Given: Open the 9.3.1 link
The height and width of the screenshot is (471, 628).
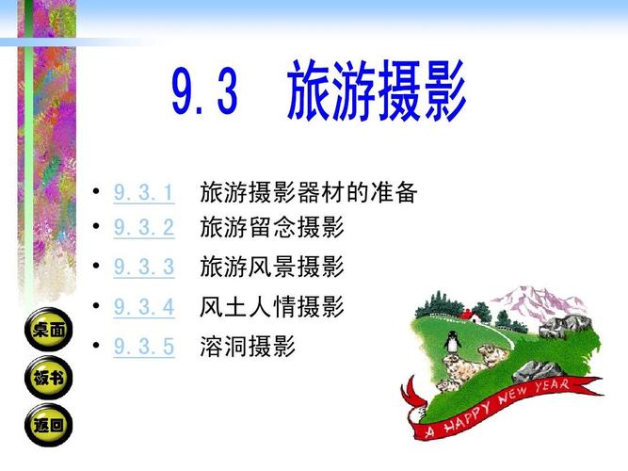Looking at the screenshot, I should pyautogui.click(x=144, y=194).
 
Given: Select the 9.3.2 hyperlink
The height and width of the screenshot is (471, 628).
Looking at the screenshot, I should pyautogui.click(x=144, y=227).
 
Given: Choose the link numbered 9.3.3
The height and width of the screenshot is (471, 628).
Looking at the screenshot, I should pyautogui.click(x=144, y=267).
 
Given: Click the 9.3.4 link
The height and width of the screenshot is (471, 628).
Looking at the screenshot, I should pyautogui.click(x=144, y=306).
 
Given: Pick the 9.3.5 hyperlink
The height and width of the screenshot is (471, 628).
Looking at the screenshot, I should pyautogui.click(x=144, y=347).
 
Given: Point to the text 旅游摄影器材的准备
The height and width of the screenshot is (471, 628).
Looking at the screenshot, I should pyautogui.click(x=308, y=194).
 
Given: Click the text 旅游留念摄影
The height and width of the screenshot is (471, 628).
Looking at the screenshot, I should pyautogui.click(x=272, y=227).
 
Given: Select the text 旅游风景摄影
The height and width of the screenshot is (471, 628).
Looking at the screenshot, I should pyautogui.click(x=272, y=267).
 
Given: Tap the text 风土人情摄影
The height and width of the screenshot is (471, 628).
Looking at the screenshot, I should pyautogui.click(x=272, y=306).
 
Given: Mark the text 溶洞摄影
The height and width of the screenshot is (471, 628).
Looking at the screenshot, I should pyautogui.click(x=248, y=347).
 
